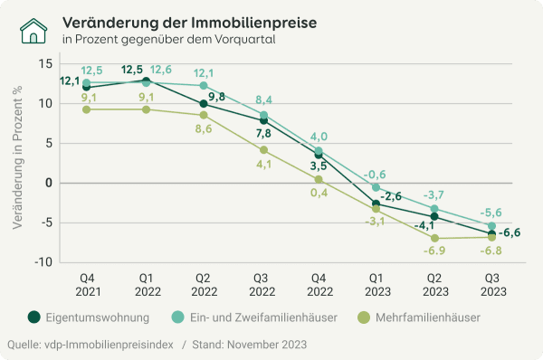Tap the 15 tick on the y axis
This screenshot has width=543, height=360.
44,63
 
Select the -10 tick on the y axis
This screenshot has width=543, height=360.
42,262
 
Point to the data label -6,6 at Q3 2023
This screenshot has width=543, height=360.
510,232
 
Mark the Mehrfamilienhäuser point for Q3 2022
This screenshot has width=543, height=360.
263,150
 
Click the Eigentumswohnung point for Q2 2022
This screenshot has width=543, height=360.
205,104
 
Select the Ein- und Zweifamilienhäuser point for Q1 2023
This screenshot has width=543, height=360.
376,187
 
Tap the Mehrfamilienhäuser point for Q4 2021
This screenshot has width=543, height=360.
86,109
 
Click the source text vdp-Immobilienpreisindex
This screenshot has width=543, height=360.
114,345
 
